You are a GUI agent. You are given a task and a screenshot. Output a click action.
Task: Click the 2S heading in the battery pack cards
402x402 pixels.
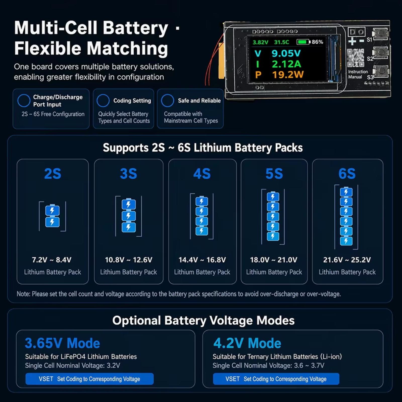point(53,174)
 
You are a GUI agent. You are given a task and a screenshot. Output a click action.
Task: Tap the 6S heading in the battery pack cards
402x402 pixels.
point(347,174)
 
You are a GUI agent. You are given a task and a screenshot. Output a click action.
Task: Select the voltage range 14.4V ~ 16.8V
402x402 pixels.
point(202,260)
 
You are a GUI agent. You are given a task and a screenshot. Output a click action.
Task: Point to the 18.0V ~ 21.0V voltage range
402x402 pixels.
point(274,260)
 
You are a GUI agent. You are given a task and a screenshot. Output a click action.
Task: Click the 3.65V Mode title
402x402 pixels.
point(62,343)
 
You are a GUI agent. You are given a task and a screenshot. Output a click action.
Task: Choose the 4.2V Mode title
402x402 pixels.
point(247,343)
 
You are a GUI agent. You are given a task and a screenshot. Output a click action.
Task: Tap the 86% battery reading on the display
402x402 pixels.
point(317,42)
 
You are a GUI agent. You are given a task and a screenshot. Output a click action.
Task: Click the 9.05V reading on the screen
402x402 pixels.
point(286,53)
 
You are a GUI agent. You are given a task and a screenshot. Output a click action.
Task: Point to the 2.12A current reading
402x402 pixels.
point(286,64)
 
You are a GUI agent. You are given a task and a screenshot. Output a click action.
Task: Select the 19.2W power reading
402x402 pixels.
point(288,75)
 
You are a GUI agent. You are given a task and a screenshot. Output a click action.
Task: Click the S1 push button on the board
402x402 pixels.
point(381,33)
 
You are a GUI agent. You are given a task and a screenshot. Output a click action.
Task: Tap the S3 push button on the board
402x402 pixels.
point(381,71)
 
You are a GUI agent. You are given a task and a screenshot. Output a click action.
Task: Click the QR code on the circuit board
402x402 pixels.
point(356,58)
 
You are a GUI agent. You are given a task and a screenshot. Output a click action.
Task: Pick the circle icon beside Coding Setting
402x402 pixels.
point(103,100)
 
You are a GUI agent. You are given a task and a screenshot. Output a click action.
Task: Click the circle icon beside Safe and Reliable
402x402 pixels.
point(168,100)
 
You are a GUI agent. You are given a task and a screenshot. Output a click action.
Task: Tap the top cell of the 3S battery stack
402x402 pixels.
point(129,204)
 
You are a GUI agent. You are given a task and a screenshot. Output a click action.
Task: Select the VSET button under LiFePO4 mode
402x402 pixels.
point(89,379)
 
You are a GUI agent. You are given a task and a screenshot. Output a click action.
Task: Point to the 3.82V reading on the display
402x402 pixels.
point(260,42)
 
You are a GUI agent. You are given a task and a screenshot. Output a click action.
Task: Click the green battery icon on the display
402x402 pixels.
point(304,42)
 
